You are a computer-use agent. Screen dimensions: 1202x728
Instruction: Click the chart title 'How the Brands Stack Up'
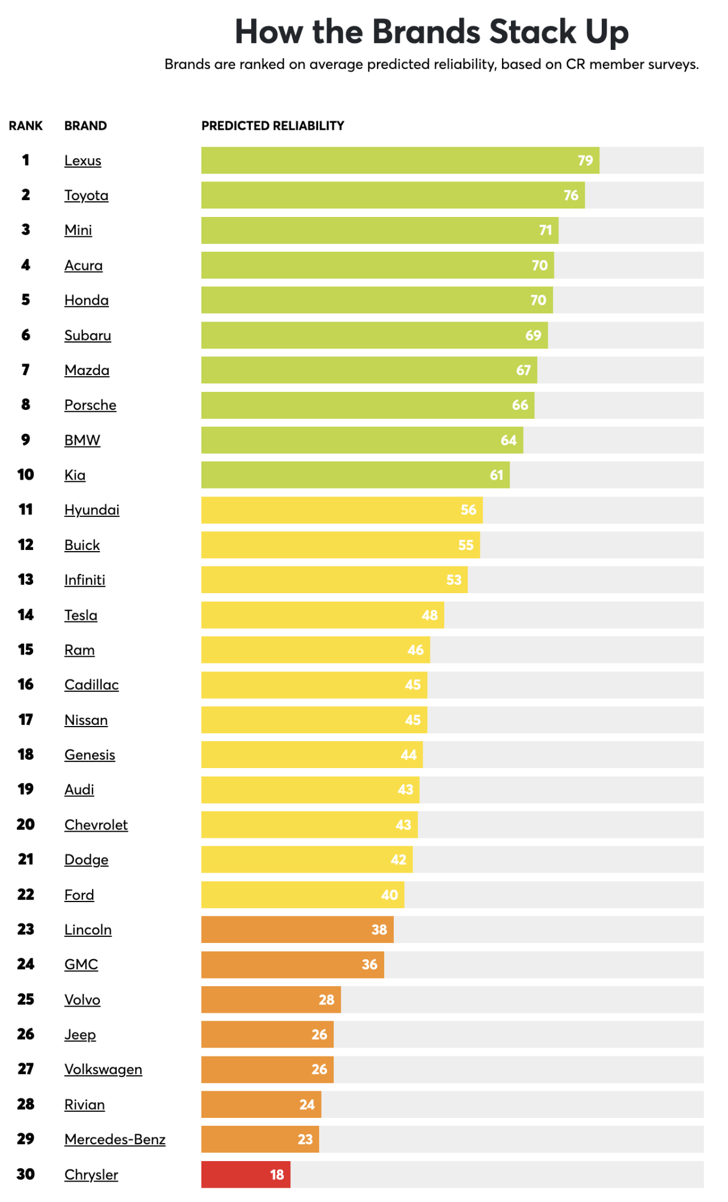point(431,31)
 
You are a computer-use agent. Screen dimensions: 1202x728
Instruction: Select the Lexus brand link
point(83,160)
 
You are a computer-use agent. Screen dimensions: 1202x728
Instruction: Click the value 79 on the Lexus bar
point(585,160)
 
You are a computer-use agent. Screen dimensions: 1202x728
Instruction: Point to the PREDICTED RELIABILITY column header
point(272,126)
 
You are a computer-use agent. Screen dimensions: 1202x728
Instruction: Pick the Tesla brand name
point(81,615)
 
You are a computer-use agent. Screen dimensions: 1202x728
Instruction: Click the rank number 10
point(25,475)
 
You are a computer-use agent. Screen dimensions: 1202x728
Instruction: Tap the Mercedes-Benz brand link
point(115,1139)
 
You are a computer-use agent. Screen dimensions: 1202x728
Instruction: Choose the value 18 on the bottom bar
point(277,1174)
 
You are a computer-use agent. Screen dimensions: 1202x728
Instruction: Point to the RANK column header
point(25,126)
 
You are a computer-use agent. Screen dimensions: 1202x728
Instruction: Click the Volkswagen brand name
point(103,1069)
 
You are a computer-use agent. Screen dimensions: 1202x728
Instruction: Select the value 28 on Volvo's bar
point(326,999)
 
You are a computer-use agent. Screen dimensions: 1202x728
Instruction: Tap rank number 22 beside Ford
point(25,895)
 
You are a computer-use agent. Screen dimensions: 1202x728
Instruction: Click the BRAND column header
point(85,126)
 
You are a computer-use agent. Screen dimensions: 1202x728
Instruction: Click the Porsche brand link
point(90,405)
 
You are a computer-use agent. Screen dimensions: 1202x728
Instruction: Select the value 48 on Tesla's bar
point(429,615)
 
